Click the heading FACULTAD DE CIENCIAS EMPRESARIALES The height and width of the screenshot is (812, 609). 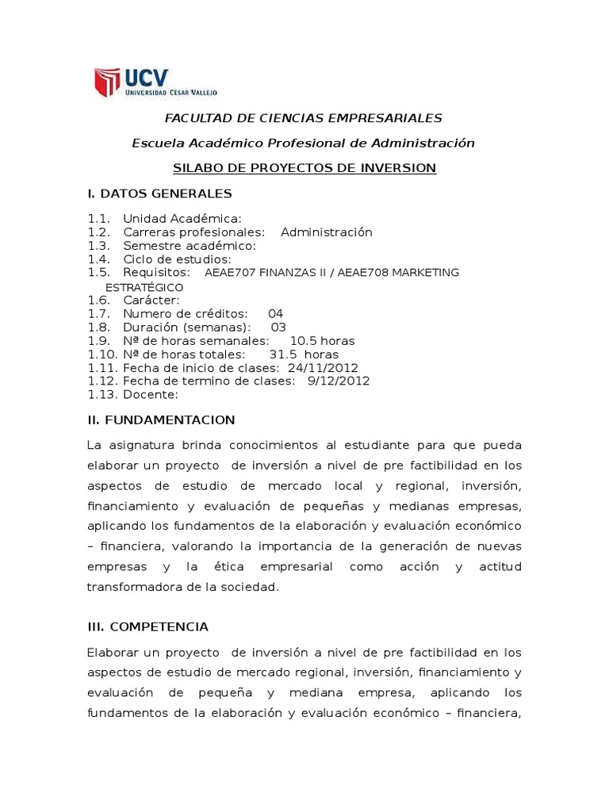[x=303, y=118]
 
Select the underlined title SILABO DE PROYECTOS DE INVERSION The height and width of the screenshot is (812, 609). [x=304, y=168]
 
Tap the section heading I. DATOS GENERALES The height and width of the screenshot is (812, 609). [x=159, y=193]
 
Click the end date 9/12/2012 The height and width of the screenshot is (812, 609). [x=338, y=381]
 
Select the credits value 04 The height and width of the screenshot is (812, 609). [x=275, y=313]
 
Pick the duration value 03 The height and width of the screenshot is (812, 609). [x=278, y=327]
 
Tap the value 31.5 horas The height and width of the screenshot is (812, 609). [x=304, y=354]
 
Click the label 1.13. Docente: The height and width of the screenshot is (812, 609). [x=133, y=395]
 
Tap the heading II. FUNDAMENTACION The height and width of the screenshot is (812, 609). [x=161, y=419]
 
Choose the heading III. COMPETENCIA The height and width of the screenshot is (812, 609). [x=147, y=626]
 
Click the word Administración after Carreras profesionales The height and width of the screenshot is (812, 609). [x=326, y=232]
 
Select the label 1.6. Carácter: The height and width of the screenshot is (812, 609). [x=134, y=300]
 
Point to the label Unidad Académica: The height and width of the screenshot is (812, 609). [x=182, y=219]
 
